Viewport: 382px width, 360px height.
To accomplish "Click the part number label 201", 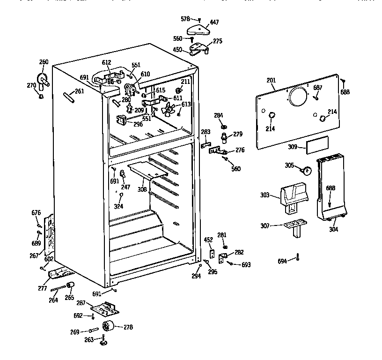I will [271, 80].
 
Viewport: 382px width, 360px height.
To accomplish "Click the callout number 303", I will [265, 194].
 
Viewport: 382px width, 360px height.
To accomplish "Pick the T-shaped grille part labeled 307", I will [295, 226].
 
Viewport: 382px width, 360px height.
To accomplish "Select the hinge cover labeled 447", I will [197, 30].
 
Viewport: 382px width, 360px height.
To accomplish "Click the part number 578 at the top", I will [185, 19].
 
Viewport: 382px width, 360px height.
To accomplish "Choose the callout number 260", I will [44, 62].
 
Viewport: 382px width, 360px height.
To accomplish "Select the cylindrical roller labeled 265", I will [70, 285].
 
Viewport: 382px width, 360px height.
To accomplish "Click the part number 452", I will [208, 240].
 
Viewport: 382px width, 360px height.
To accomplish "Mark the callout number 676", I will [36, 213].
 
